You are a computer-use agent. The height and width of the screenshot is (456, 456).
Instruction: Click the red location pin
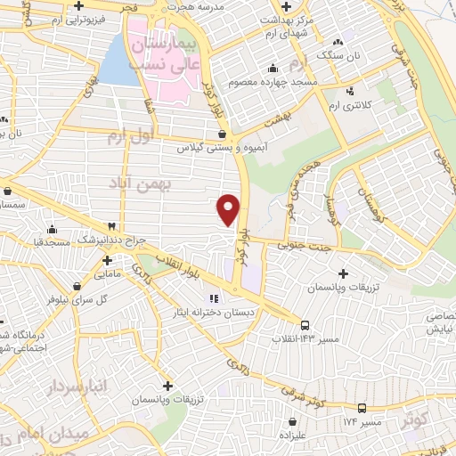(229, 208)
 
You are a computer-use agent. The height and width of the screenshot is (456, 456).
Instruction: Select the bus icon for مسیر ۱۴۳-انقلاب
(305, 326)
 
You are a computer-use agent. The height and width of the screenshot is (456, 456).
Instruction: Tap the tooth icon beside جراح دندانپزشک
(112, 227)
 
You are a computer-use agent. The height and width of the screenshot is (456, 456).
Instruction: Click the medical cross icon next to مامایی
(107, 262)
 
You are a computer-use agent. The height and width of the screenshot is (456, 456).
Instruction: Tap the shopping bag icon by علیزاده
(291, 422)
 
